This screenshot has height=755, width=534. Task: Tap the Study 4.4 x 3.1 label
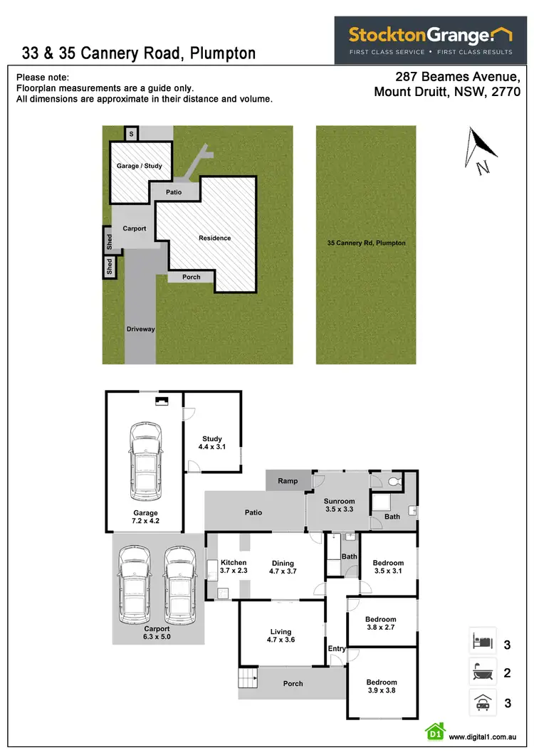click(211, 443)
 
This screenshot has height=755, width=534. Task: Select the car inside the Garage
click(145, 461)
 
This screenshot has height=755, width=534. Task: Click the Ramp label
click(288, 481)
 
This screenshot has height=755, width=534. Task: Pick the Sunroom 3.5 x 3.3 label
click(339, 505)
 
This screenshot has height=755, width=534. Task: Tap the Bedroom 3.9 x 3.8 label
click(382, 686)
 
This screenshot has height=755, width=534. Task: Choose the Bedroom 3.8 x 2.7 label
click(380, 623)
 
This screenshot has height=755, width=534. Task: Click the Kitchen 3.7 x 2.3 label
click(233, 566)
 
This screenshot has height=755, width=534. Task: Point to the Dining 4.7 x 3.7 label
click(283, 567)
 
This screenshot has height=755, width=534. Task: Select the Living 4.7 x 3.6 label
click(281, 635)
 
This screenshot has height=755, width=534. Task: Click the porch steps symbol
click(247, 681)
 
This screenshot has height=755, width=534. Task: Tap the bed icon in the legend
click(481, 643)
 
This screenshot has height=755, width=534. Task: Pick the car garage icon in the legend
click(481, 703)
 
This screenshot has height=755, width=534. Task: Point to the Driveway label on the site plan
click(140, 329)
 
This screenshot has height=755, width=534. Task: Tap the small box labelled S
click(131, 133)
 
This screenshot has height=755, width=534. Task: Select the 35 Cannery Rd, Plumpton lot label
click(366, 243)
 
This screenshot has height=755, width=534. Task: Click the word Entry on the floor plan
click(336, 648)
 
